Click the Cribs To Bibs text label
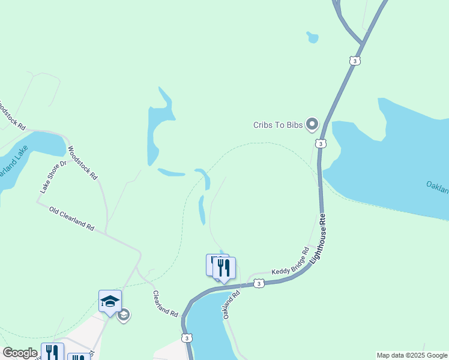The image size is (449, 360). pyautogui.click(x=279, y=125)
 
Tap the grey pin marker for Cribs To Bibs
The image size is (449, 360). pyautogui.click(x=312, y=124)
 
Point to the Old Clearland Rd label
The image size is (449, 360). pyautogui.click(x=72, y=220)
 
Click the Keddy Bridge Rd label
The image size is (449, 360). pyautogui.click(x=291, y=262)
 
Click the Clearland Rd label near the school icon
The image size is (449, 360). pyautogui.click(x=166, y=304)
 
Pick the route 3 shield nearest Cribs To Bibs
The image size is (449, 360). pyautogui.click(x=321, y=144)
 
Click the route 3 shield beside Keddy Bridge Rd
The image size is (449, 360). pyautogui.click(x=258, y=283)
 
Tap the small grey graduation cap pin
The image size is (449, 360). pyautogui.click(x=124, y=315)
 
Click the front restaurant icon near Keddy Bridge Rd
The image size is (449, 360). pyautogui.click(x=224, y=268)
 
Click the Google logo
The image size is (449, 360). pyautogui.click(x=20, y=353)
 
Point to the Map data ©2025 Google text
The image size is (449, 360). pyautogui.click(x=411, y=355)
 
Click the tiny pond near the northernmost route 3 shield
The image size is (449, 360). pyautogui.click(x=312, y=37)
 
